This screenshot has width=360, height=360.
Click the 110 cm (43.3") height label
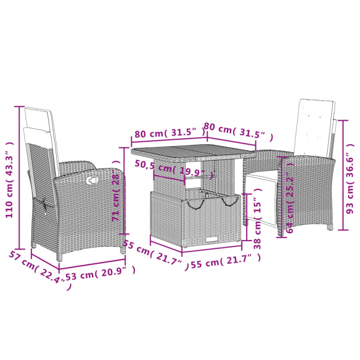pyautogui.click(x=9, y=180)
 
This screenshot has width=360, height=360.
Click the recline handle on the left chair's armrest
pyautogui.click(x=93, y=180)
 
